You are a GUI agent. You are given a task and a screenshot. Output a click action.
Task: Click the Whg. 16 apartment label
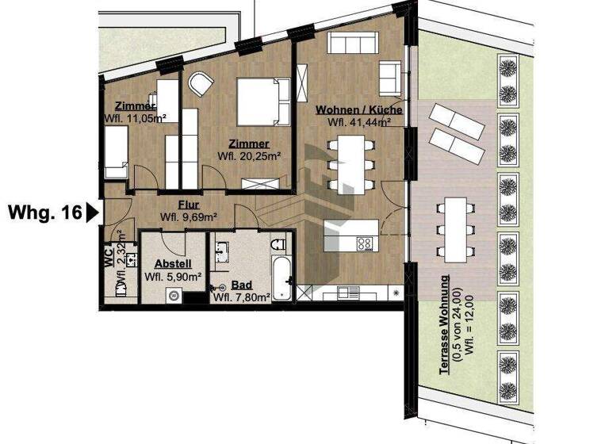(43, 212)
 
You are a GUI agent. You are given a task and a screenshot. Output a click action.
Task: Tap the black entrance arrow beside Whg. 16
(91, 212)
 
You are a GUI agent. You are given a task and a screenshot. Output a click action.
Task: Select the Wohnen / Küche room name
(358, 110)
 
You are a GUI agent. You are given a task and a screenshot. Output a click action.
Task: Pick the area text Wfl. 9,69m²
(190, 216)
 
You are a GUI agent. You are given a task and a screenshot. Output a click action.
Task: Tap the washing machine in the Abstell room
(173, 296)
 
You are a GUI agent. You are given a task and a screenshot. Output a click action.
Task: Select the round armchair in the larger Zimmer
(199, 82)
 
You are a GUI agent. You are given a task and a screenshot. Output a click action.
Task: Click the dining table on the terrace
(455, 227)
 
